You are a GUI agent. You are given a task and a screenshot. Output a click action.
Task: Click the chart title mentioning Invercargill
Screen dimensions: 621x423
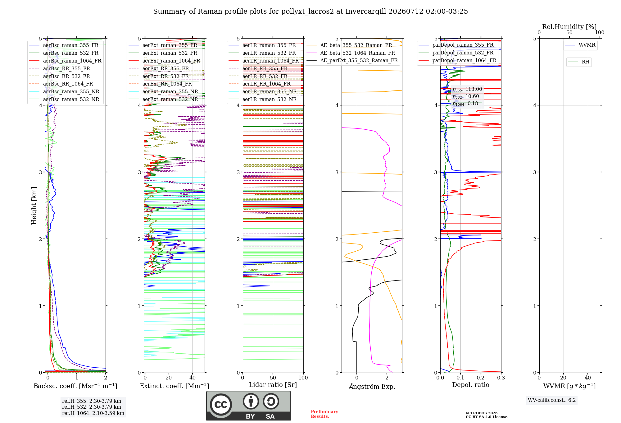(x=310, y=12)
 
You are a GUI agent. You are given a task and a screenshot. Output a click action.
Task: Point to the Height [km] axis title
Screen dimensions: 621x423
(x=34, y=206)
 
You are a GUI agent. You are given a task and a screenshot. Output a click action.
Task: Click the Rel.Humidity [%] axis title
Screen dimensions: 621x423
(x=569, y=27)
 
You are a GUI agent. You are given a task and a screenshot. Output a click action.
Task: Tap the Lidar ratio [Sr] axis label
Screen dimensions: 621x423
(x=273, y=385)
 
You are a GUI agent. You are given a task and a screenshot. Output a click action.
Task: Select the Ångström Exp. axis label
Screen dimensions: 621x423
(x=372, y=386)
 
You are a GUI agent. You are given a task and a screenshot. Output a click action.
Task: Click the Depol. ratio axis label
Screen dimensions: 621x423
(x=471, y=385)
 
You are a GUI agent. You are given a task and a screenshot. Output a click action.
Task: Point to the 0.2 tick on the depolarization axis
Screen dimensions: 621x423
(x=481, y=378)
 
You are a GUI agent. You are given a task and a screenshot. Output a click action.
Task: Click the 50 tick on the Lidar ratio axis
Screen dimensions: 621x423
(x=273, y=378)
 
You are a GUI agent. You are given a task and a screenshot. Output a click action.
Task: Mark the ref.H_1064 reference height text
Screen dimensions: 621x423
(x=93, y=413)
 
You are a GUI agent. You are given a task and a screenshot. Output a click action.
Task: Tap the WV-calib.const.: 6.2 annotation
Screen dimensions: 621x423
(x=552, y=400)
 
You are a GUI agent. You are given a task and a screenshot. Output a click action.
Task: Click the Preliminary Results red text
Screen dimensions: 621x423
(x=324, y=414)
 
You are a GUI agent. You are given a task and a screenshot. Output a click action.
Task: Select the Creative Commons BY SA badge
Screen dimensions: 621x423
(x=249, y=406)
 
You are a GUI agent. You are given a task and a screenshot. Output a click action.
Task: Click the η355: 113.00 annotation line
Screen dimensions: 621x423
(x=467, y=89)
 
